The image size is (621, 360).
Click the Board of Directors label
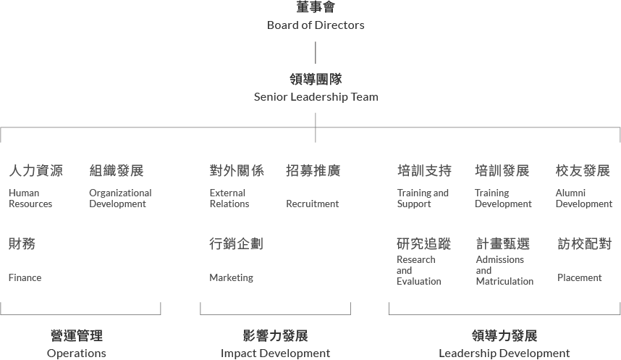pos(316,25)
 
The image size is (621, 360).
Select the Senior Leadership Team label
pos(316,96)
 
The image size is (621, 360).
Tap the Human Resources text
pos(30,198)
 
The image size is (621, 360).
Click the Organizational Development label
pos(120,198)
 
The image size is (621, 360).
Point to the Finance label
pos(25,277)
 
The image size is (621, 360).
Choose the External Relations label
pos(229,198)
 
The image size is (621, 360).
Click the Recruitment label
pos(312,204)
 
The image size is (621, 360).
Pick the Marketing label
pos(231,277)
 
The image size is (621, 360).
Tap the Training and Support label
pos(423,198)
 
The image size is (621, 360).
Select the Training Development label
pos(503,198)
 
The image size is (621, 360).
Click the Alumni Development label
pos(584,198)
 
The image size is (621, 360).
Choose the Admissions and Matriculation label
pos(504,270)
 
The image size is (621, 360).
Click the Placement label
pos(579,277)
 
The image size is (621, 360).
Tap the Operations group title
pos(77,353)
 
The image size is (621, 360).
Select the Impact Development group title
pos(275,353)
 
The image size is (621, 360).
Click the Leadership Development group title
pos(504,353)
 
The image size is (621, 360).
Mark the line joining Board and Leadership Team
pos(316,53)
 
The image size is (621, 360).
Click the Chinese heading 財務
pos(22,244)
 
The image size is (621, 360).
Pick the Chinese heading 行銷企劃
pos(236,244)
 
